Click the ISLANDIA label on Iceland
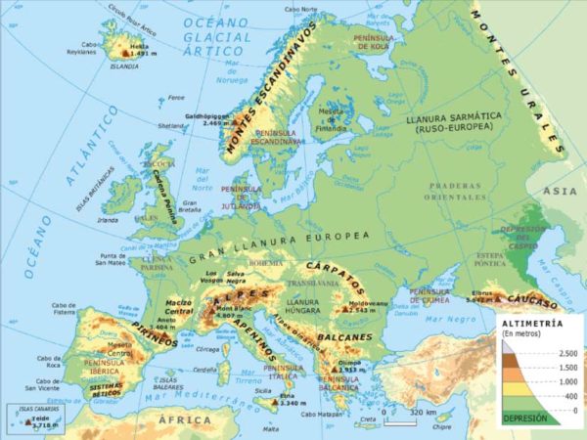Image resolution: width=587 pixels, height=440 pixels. [124, 67]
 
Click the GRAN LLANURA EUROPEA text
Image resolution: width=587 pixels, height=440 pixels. [280, 238]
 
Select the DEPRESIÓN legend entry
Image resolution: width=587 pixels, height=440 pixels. [524, 418]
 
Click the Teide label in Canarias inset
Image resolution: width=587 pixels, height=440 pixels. [38, 418]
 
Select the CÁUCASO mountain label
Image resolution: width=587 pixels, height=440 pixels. [529, 296]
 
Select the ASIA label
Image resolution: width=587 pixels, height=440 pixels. [562, 191]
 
